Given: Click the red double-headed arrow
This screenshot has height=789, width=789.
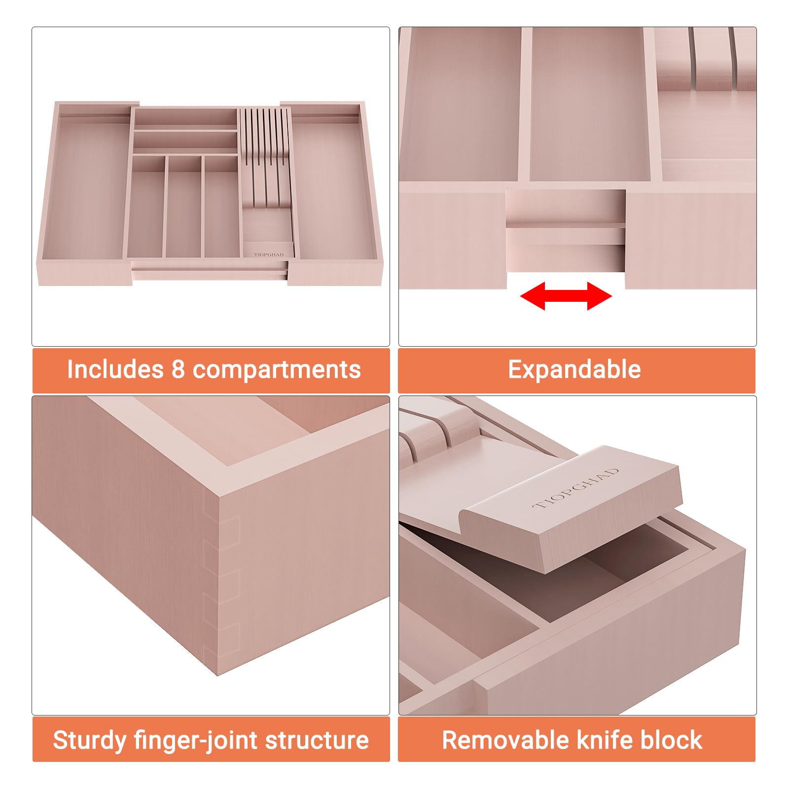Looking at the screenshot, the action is tap(566, 296).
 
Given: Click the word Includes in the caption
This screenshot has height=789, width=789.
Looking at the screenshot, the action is tap(115, 369).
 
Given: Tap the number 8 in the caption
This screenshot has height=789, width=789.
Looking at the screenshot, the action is tap(178, 370).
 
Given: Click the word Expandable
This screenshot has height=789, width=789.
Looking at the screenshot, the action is tap(574, 370).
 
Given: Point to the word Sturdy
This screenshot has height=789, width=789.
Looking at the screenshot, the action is tap(89, 741).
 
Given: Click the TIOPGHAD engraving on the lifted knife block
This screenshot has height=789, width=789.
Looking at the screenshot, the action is tap(576, 489).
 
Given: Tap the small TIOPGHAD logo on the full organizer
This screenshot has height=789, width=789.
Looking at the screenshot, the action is tap(269, 254).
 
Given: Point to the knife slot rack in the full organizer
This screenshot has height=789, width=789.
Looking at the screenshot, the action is tap(265, 158).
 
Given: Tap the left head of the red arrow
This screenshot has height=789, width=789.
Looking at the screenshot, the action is tap(533, 296).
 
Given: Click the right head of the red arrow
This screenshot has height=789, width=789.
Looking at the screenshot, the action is tap(600, 296).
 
